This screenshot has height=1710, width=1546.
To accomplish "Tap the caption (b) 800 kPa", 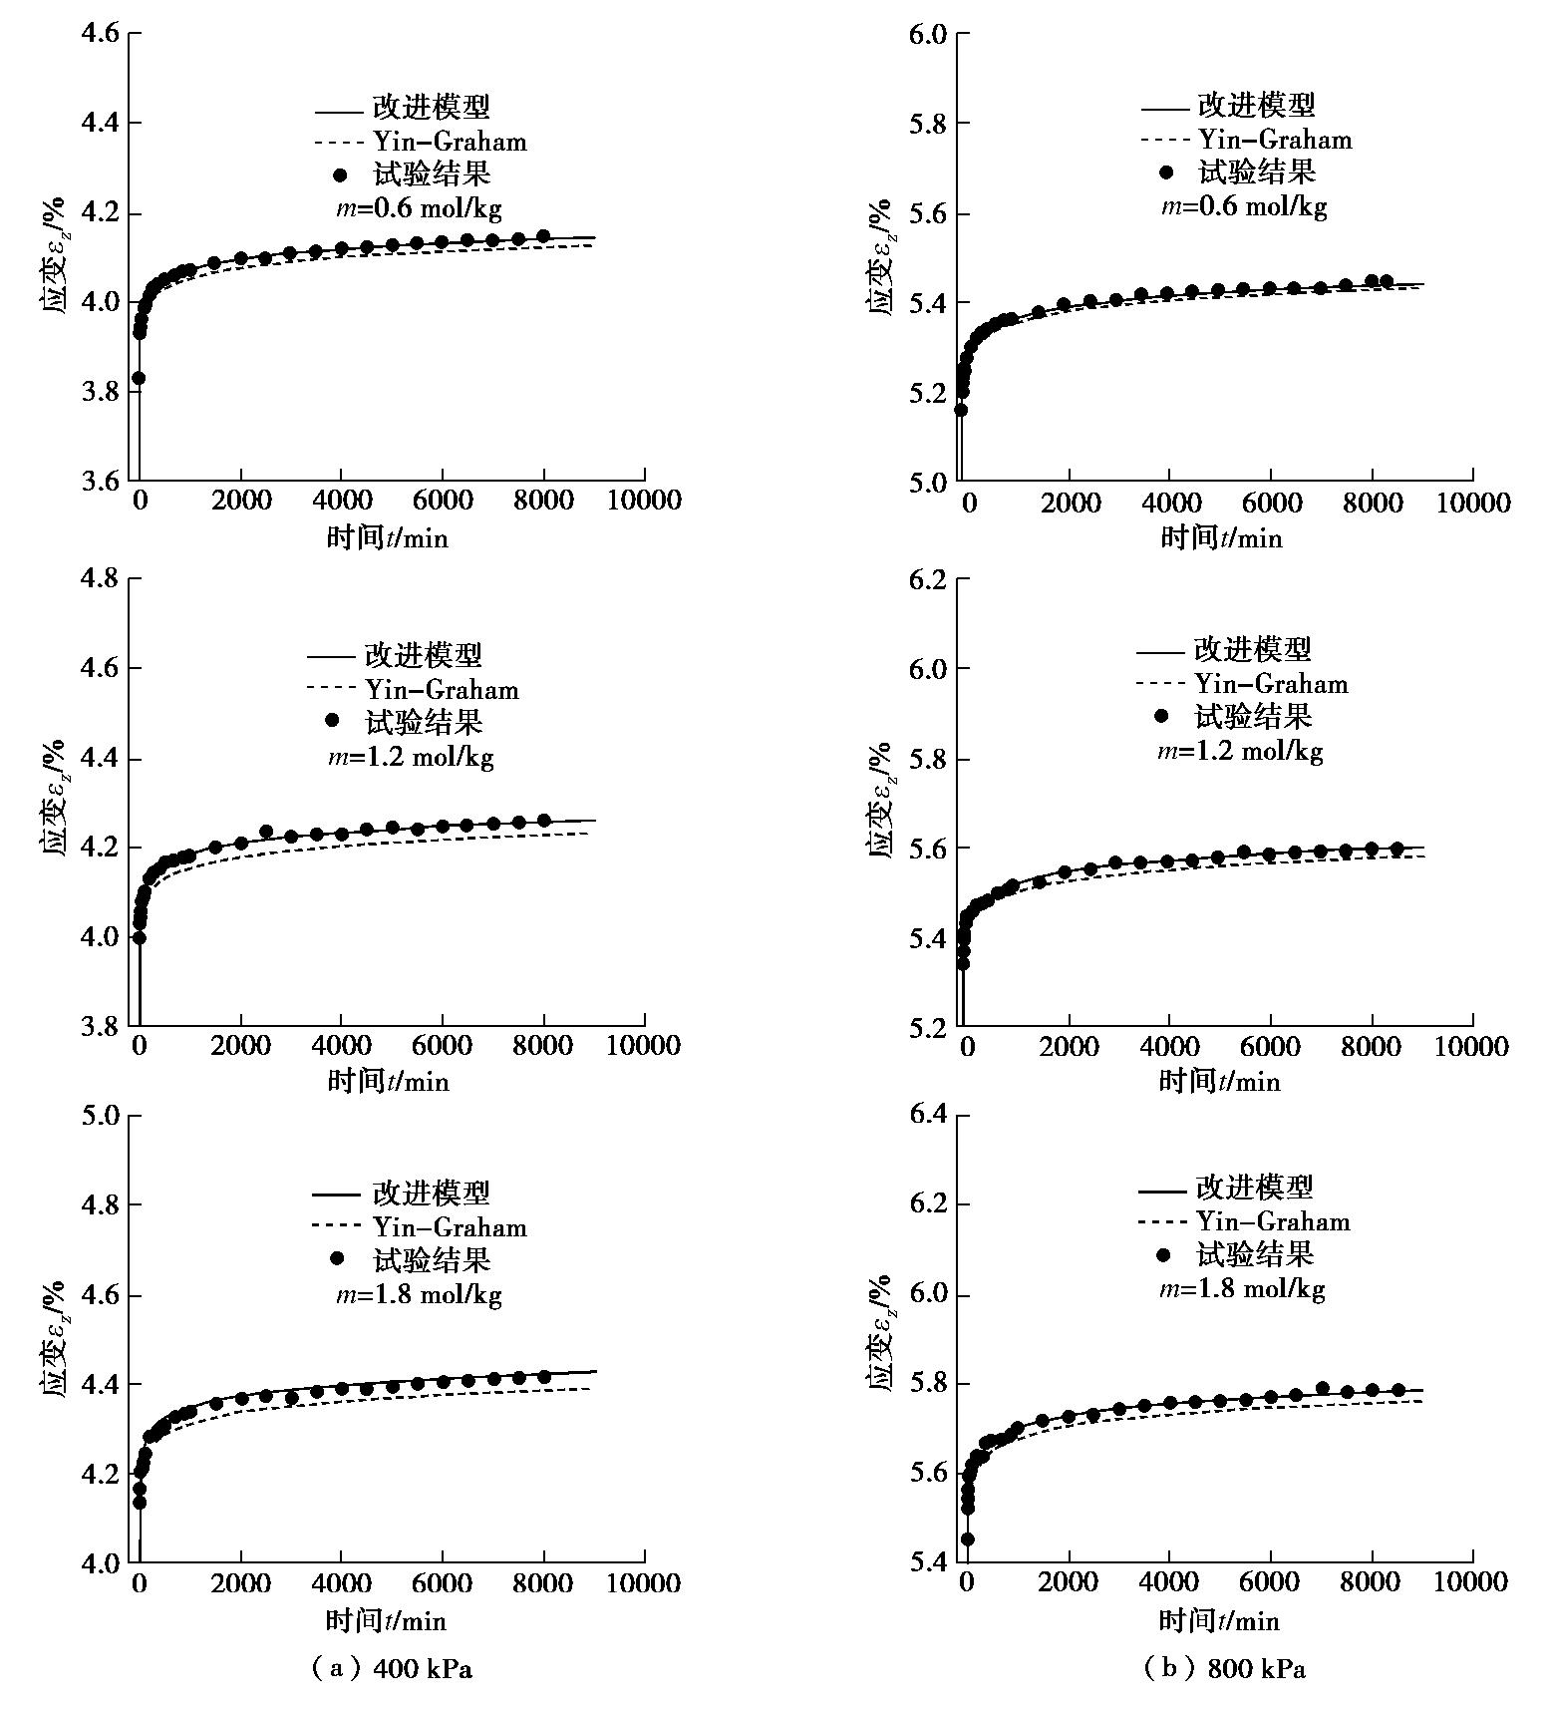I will [x=1224, y=1668].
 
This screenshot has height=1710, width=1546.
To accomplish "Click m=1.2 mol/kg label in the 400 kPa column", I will [x=412, y=757].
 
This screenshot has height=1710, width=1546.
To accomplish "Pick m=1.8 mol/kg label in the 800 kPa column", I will [x=1241, y=1289].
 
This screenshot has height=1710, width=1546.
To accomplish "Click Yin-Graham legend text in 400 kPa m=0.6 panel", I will [x=450, y=142].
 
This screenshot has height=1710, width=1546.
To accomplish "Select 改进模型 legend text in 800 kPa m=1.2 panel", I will [x=1253, y=650].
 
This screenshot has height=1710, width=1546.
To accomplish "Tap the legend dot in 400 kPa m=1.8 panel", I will [x=337, y=1258].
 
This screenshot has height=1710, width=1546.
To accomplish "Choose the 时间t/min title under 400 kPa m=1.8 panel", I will [x=386, y=1620].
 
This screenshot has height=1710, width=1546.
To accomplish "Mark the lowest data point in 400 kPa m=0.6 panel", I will [x=139, y=378].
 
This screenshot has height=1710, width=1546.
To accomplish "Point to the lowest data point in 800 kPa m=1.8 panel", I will [x=967, y=1539].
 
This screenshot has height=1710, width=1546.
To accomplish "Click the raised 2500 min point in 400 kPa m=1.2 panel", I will [x=266, y=832].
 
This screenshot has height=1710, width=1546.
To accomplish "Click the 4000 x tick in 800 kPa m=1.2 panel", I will [x=1169, y=1046].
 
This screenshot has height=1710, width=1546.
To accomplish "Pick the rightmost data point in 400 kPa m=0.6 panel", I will [x=543, y=236].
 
